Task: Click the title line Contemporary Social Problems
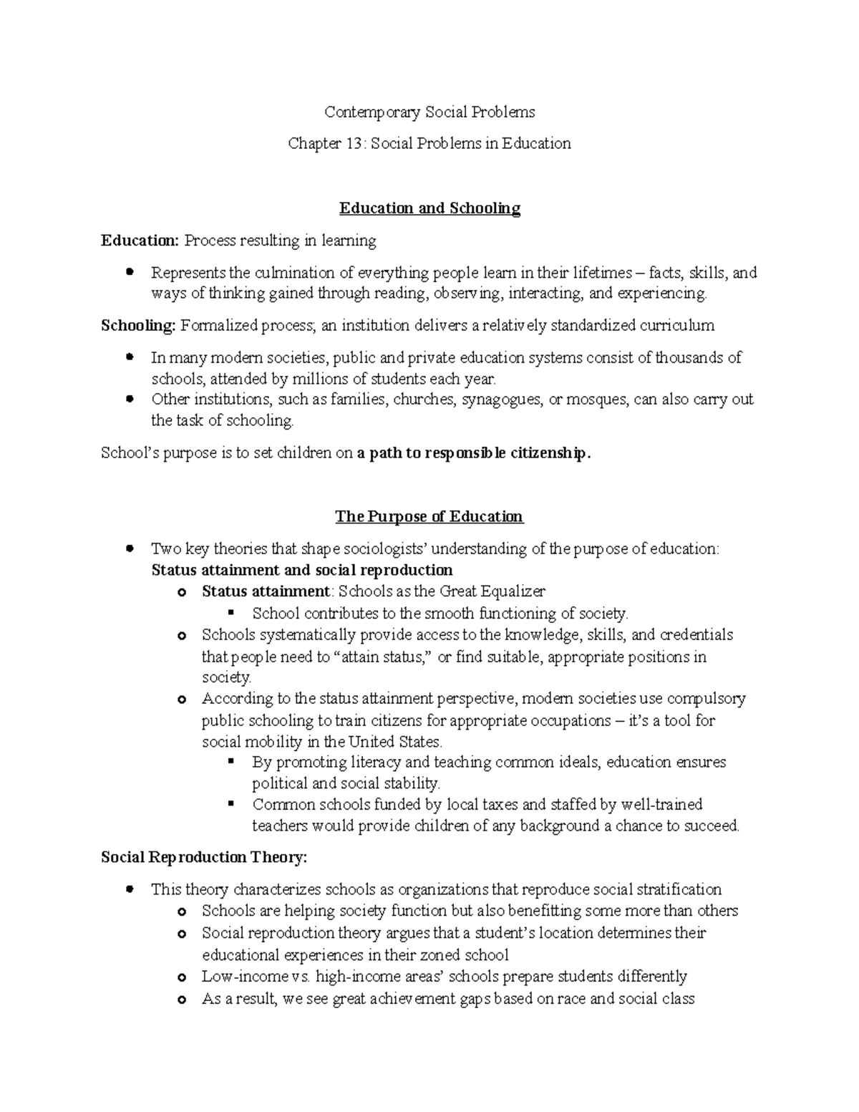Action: click(429, 112)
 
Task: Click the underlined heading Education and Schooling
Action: click(429, 208)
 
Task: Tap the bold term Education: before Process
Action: click(140, 241)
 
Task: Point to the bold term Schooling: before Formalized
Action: click(138, 326)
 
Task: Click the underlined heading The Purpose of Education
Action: click(429, 517)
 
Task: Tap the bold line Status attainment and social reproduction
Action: click(302, 571)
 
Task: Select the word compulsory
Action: click(705, 698)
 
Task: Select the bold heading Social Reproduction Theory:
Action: click(204, 858)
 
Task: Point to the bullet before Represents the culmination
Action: click(130, 272)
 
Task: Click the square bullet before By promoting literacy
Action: click(230, 762)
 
